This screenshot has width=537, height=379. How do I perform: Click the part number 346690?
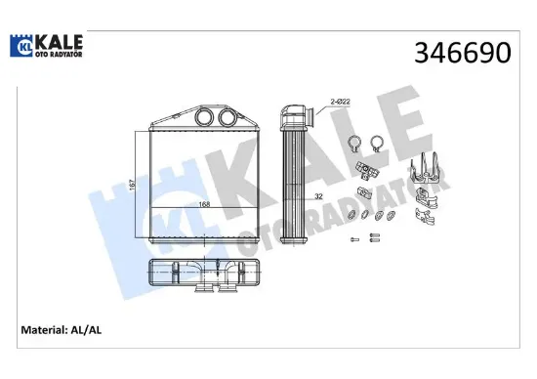[x=463, y=53]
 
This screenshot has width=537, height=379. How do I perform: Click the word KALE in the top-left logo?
[x=59, y=42]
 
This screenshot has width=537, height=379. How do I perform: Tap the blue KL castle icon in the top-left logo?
[x=21, y=46]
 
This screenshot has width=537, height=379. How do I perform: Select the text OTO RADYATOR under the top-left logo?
[x=59, y=54]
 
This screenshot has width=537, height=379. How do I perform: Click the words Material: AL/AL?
[x=62, y=330]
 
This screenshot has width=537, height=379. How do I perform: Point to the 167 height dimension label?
[x=133, y=184]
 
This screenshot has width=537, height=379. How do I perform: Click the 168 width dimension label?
[x=204, y=204]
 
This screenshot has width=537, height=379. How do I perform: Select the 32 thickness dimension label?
[x=318, y=196]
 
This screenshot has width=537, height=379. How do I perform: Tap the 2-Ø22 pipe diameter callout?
[x=340, y=102]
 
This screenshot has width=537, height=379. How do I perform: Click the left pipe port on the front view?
[x=204, y=117]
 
